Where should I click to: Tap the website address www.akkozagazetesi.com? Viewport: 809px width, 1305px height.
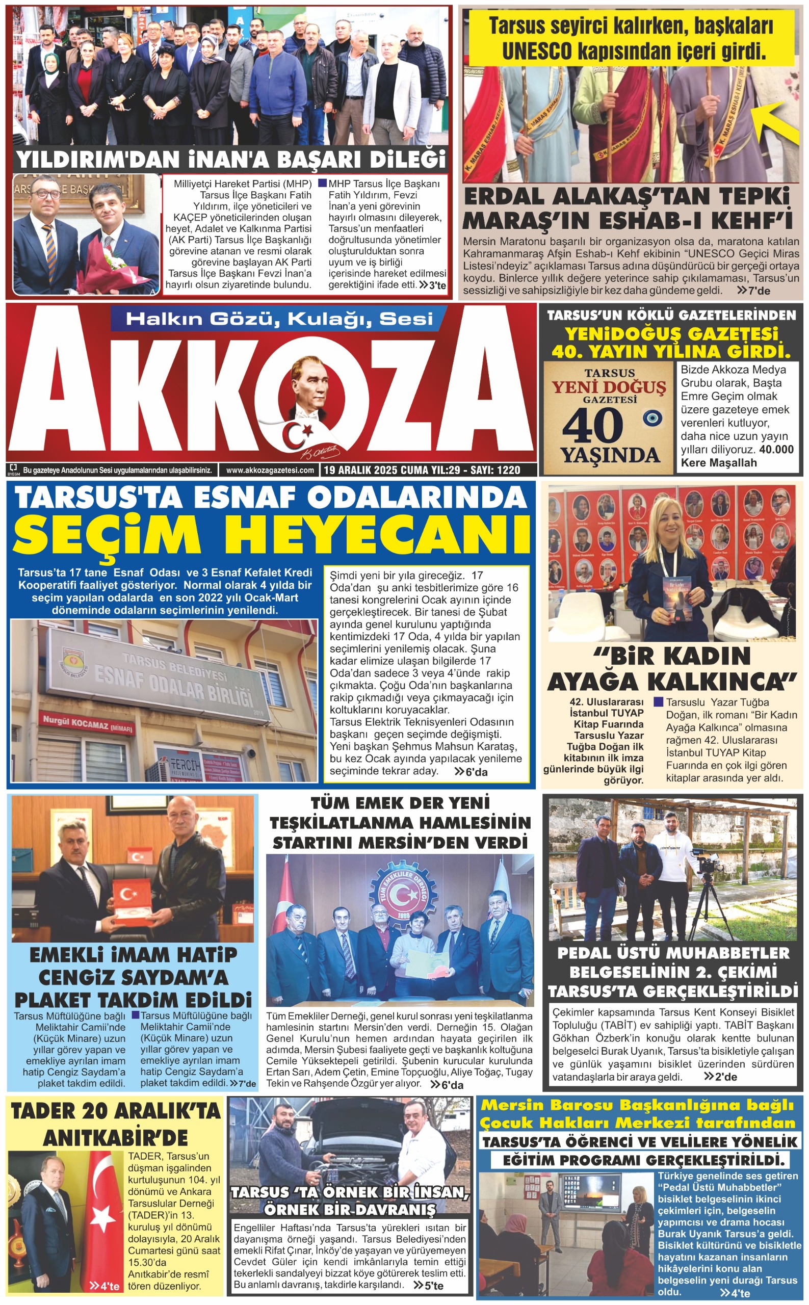point(270,471)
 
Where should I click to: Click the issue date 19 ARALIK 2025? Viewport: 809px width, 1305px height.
point(360,471)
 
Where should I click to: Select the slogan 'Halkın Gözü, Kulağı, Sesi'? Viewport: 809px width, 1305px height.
point(279,320)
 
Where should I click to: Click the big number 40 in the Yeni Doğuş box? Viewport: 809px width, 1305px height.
point(592,426)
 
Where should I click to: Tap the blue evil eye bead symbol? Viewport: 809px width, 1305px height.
point(652,417)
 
